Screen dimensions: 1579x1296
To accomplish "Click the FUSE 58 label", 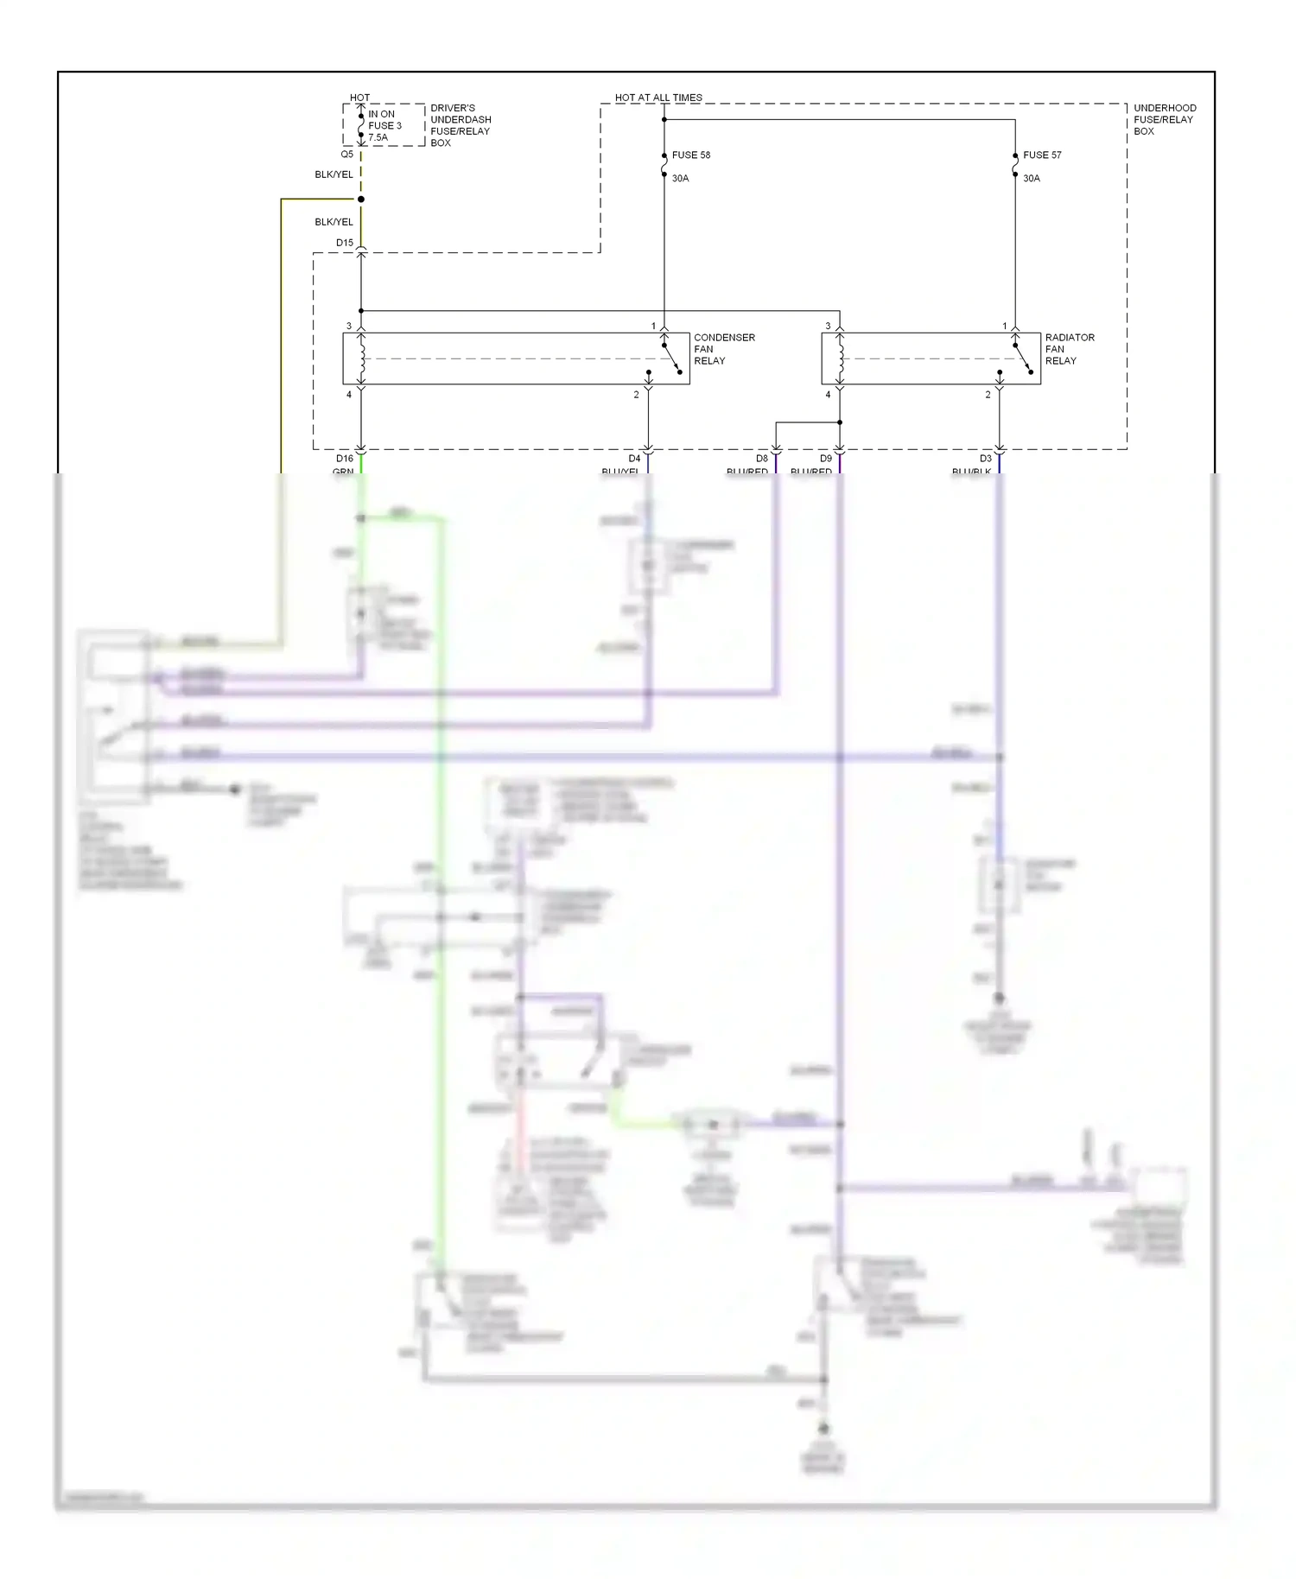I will coord(690,155).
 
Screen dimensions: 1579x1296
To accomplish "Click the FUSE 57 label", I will coord(1042,155).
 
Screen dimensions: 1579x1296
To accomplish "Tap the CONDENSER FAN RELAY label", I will coord(723,349).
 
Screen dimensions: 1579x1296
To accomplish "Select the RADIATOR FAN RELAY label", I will coord(1069,349).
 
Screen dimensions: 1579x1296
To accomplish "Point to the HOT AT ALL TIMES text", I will coord(658,98).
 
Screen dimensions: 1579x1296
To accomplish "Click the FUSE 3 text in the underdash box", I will coord(384,125).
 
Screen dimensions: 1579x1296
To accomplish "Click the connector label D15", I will coord(345,243).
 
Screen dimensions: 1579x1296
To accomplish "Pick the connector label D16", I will coord(345,459).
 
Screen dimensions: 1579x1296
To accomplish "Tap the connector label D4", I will coord(634,459).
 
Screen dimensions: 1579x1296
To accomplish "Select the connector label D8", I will coord(762,459).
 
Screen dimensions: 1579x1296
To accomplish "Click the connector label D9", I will coord(826,459).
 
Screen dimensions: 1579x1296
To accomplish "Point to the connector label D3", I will coord(986,459).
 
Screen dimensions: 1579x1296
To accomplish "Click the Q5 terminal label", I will coord(346,155).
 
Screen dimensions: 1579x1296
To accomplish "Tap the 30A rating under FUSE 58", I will coord(680,179).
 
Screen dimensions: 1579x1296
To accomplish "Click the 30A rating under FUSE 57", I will coord(1032,179).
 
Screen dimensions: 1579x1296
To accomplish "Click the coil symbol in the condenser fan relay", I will coord(362,358).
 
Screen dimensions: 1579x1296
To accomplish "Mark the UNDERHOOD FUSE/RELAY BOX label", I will coord(1164,120).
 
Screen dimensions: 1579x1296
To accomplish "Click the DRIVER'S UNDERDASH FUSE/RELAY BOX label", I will coord(460,125).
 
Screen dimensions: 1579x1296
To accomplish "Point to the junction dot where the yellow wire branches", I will coord(361,200).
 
